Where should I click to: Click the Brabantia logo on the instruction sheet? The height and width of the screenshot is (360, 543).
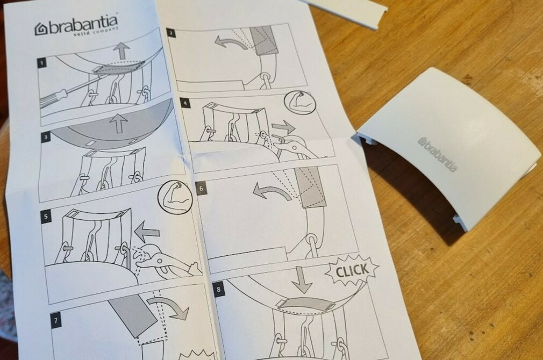pyautogui.click(x=76, y=27)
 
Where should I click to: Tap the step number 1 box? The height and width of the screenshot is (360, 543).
pyautogui.click(x=41, y=63)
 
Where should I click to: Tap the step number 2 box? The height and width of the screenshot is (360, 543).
pyautogui.click(x=171, y=33)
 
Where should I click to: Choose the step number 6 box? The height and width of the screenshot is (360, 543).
pyautogui.click(x=201, y=190)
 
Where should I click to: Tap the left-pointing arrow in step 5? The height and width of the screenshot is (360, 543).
pyautogui.click(x=146, y=233)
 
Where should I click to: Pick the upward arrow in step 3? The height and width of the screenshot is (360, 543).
pyautogui.click(x=118, y=123)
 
